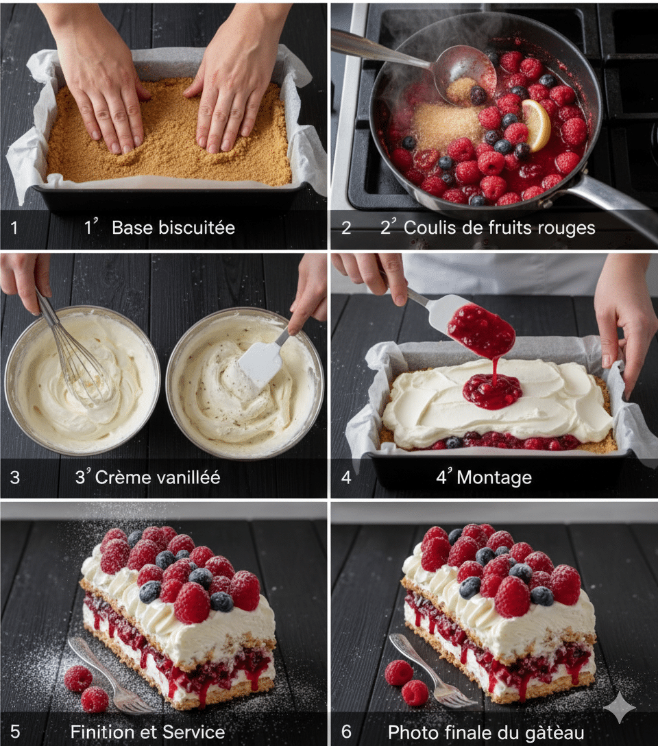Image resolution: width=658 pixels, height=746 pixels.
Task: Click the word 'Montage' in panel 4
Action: tap(494, 478)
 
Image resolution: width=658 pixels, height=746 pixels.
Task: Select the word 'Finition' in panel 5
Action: tap(100, 731)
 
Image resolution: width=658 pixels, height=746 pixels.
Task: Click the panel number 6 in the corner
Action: tap(346, 731)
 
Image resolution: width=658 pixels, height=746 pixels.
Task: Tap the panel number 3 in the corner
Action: tap(15, 477)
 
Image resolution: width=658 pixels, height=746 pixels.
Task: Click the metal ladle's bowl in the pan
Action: tap(466, 76)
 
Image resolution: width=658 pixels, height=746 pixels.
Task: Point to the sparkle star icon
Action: tap(620, 708)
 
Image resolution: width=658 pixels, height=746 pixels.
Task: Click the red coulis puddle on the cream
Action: tap(493, 391)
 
